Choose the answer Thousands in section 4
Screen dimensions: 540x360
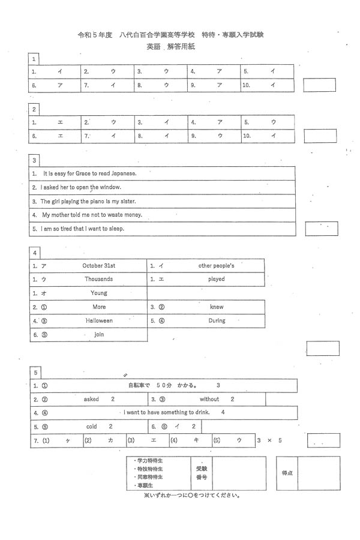[99, 279]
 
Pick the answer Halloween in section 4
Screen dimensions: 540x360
[99, 321]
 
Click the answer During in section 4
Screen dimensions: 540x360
[217, 321]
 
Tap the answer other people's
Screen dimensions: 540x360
[216, 265]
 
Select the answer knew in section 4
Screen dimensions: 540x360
[217, 307]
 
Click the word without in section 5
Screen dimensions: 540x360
[210, 399]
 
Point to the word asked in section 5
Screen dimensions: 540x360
[92, 399]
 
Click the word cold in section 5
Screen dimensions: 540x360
[92, 427]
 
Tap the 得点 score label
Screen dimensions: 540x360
[287, 473]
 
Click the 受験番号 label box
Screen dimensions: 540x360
[201, 473]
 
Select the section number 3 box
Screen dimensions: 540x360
[35, 160]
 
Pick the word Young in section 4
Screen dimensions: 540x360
[99, 293]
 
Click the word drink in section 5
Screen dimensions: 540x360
[202, 413]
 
